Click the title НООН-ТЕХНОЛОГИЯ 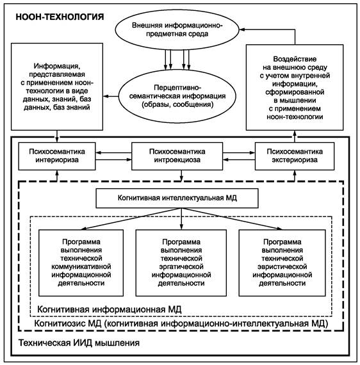(60, 17)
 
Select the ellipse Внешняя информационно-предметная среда (177, 29)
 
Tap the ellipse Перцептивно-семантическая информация (177, 96)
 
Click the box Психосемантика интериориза (57, 156)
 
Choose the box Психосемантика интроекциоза (177, 156)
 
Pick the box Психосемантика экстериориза (295, 156)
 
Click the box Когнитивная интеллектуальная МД (177, 198)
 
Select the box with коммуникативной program (81, 263)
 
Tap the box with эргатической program (181, 263)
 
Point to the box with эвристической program (282, 263)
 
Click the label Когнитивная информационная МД (109, 309)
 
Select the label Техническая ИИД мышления (79, 343)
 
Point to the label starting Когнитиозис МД (181, 323)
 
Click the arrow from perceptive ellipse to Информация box (111, 96)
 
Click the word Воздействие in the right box (295, 59)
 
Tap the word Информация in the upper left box (57, 66)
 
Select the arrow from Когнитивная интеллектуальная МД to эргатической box (181, 219)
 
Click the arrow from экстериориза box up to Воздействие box (295, 136)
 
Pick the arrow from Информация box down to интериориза (57, 136)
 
